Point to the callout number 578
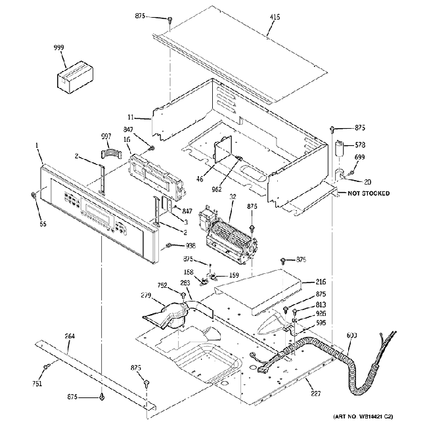click(x=359, y=145)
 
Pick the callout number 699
click(x=359, y=158)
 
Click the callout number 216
click(x=321, y=281)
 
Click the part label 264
click(x=69, y=336)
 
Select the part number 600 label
click(x=351, y=336)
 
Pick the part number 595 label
click(x=321, y=323)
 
